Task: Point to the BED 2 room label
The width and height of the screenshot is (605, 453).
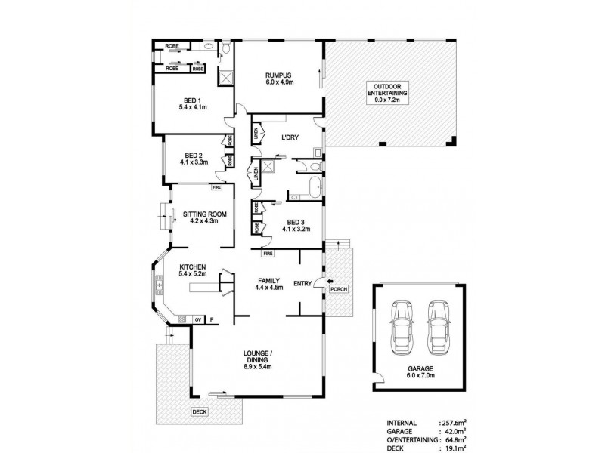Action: (x=192, y=157)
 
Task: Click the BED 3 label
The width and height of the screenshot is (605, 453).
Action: (x=295, y=223)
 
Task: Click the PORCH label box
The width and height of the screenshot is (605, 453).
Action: (x=337, y=289)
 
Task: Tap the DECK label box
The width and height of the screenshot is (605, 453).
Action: (x=200, y=411)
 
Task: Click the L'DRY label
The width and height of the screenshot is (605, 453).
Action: (x=291, y=137)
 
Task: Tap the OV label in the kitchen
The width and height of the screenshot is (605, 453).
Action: (x=197, y=320)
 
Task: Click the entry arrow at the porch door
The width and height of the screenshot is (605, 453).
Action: (x=320, y=284)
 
